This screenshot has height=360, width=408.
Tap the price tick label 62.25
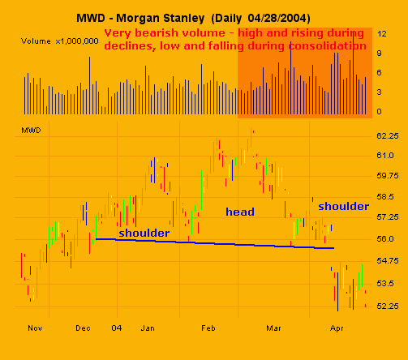pos(386,135)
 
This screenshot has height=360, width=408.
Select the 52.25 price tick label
pos(386,306)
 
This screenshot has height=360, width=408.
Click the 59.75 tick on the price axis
pos(386,176)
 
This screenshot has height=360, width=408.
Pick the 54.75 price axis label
pos(386,261)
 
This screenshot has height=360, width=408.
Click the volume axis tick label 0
pos(380,111)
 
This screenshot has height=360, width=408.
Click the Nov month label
pos(33,329)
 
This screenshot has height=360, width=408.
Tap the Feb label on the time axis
pos(208,329)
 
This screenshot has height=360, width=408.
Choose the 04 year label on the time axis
pos(117,329)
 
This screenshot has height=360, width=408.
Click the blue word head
pos(239,212)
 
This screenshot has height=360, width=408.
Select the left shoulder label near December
pos(144,233)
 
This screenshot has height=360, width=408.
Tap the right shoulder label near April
pos(343,206)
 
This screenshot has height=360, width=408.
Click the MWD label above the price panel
pos(30,129)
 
